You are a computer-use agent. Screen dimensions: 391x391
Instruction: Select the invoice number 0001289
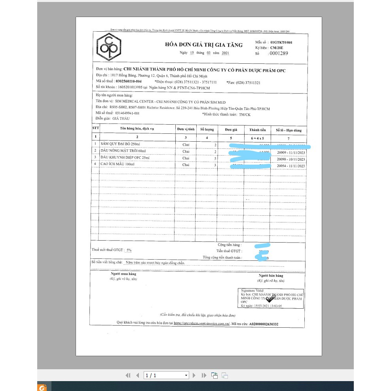point(279,53)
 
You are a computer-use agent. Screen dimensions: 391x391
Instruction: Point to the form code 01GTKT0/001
point(281,42)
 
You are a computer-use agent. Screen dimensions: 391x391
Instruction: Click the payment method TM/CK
point(245,115)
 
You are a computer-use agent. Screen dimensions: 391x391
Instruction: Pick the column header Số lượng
point(207,129)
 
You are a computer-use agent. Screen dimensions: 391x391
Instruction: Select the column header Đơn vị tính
point(186,129)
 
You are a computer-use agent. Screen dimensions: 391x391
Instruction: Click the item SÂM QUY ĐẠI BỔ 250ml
point(120,144)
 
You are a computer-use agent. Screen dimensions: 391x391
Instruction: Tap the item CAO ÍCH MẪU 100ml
point(118,164)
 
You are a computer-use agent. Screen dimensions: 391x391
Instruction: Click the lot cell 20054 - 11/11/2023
point(291,165)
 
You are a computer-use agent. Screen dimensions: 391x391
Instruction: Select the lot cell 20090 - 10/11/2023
point(291,159)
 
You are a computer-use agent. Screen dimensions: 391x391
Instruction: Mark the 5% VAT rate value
point(129,250)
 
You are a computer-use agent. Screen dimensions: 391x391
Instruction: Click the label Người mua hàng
point(123,274)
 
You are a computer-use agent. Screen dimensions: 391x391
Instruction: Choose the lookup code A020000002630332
point(264,324)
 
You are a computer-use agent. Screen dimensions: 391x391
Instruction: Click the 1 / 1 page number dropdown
point(166,375)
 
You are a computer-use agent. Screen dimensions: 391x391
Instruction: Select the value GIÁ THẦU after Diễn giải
point(121,119)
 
